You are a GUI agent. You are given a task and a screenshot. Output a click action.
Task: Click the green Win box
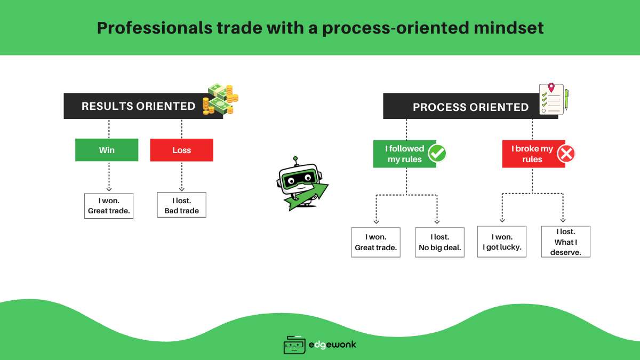[107, 150]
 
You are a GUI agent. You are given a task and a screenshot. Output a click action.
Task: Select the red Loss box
[181, 150]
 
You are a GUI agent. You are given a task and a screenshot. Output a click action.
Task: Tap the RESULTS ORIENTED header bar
[139, 106]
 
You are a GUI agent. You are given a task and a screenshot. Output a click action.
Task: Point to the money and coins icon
[221, 99]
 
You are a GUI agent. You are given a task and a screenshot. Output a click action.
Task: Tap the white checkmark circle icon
[437, 154]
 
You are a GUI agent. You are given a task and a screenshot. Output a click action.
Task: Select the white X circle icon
[566, 154]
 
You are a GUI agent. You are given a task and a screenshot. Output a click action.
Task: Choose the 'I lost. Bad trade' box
[181, 205]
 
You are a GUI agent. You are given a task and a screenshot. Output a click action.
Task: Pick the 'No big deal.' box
[439, 242]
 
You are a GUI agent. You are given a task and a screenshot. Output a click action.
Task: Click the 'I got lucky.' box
[501, 242]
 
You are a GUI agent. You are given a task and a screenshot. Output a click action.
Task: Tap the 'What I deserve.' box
[565, 242]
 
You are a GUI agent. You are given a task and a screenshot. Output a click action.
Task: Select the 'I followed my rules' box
[404, 154]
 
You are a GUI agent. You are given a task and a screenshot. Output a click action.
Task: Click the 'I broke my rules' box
[532, 154]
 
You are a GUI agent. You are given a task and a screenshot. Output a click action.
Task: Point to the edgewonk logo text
[332, 345]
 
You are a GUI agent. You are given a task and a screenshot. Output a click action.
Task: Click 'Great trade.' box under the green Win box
[109, 205]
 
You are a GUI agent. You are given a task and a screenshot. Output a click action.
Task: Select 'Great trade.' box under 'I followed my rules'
[375, 242]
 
